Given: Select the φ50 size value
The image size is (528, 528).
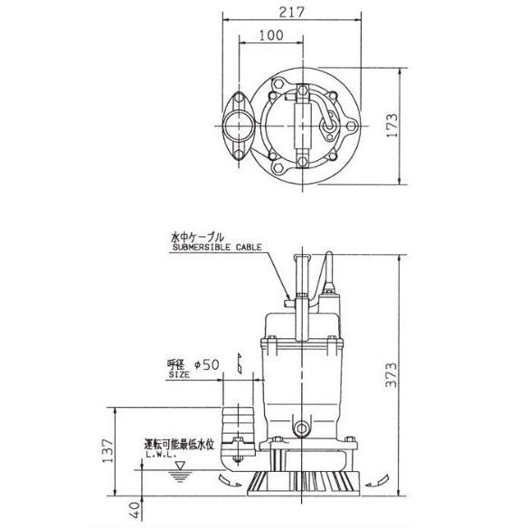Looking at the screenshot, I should (x=205, y=364).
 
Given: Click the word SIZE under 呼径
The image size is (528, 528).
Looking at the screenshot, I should (x=180, y=372).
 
